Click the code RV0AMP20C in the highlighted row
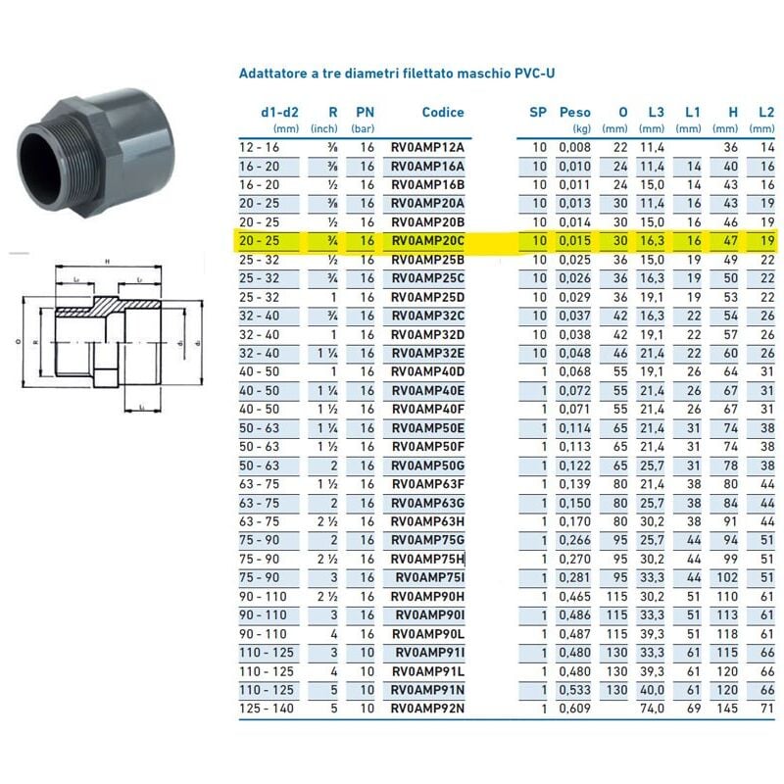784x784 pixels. [427, 240]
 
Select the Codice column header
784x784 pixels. [443, 113]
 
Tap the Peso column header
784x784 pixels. [575, 113]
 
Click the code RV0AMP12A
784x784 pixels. [427, 147]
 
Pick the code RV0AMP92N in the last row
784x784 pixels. [427, 708]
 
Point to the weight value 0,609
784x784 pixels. [575, 708]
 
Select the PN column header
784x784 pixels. [365, 113]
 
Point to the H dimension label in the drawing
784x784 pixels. [105, 262]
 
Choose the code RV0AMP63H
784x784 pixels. [427, 520]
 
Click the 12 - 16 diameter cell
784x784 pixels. [260, 147]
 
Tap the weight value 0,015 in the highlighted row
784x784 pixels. [575, 240]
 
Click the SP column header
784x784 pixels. [538, 113]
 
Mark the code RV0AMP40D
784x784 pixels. [427, 371]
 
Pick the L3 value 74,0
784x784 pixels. [652, 708]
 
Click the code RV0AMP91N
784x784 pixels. [427, 689]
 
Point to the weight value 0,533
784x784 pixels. [575, 689]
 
